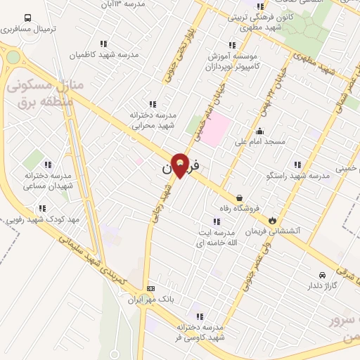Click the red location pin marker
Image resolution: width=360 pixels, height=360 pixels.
[180, 165]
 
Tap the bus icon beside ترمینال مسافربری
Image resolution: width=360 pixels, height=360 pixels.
[27, 18]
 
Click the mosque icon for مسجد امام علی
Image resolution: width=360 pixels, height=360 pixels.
[260, 130]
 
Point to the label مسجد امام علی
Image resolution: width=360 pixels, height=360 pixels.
[260, 142]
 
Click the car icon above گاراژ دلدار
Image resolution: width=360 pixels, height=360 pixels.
[322, 275]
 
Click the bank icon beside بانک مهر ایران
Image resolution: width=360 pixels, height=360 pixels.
[150, 288]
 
